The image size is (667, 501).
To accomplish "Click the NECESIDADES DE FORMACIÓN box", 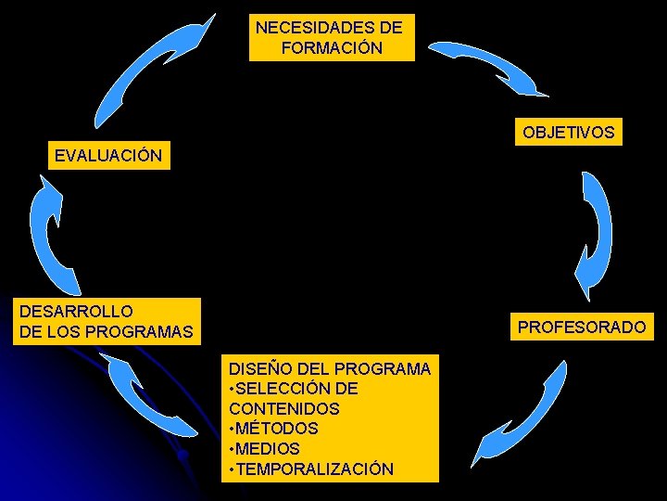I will click(x=332, y=37).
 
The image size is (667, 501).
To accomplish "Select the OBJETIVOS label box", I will click(x=568, y=133).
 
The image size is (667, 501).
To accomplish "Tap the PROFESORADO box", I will click(x=581, y=327).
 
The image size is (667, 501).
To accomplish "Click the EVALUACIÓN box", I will click(x=108, y=155).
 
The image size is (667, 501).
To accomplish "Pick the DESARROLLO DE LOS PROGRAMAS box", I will click(x=107, y=321).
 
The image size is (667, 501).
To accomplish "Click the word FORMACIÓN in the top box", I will click(x=331, y=48).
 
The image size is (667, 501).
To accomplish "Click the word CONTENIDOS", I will click(x=283, y=408).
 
